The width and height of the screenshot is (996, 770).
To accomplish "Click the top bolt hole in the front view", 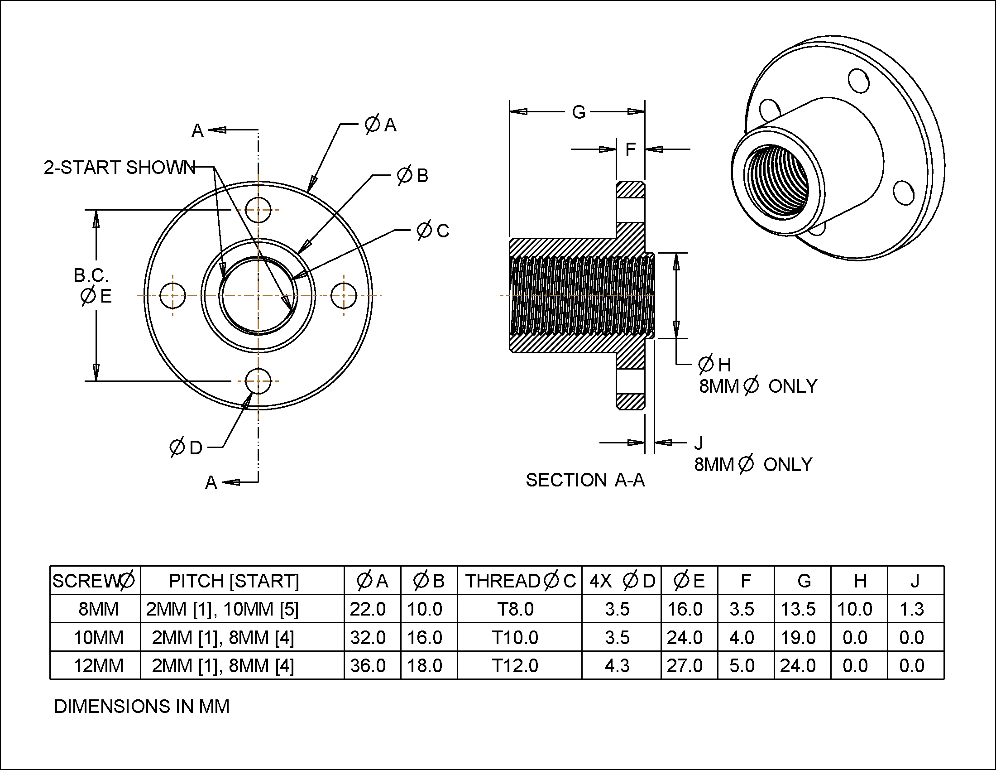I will (258, 210).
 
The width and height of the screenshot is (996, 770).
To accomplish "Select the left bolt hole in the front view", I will (173, 296).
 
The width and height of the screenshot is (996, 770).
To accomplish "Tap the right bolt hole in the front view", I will (344, 296).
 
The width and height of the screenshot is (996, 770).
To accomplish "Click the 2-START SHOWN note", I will (120, 168).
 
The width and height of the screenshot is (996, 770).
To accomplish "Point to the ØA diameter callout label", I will (380, 125).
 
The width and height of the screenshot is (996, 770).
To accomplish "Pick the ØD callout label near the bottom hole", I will (186, 448).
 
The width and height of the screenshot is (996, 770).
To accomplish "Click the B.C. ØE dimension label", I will (92, 286).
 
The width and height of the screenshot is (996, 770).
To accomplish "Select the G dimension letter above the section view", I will (578, 112).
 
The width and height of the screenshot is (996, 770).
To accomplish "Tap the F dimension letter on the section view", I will (630, 149).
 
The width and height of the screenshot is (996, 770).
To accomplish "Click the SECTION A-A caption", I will (585, 480).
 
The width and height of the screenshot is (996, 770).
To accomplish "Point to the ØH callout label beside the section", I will (714, 365).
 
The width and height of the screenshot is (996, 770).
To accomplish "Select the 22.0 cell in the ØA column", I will (368, 609).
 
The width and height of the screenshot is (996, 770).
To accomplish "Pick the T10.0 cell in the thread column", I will (515, 637).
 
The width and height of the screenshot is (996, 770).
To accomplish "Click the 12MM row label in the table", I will (98, 665).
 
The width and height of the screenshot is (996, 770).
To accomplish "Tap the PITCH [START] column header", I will (234, 581).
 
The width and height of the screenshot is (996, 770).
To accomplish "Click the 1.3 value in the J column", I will (911, 609).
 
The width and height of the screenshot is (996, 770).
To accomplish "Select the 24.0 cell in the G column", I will (798, 665).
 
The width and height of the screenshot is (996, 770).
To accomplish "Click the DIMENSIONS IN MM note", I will (141, 706).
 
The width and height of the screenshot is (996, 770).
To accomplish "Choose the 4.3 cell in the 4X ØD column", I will (617, 665).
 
